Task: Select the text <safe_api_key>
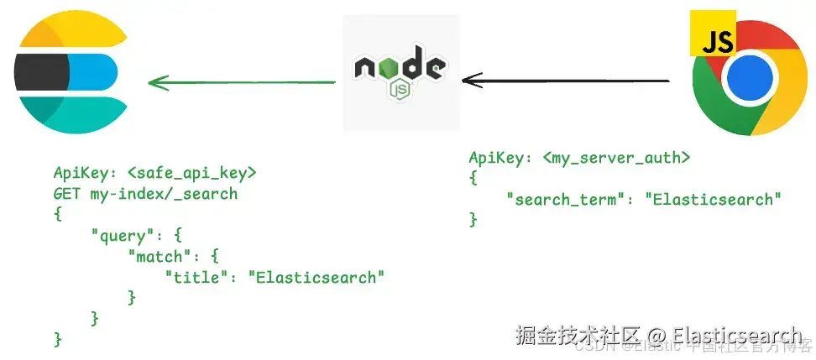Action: [191, 173]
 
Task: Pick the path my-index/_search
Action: [164, 194]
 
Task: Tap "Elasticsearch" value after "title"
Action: [316, 276]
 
